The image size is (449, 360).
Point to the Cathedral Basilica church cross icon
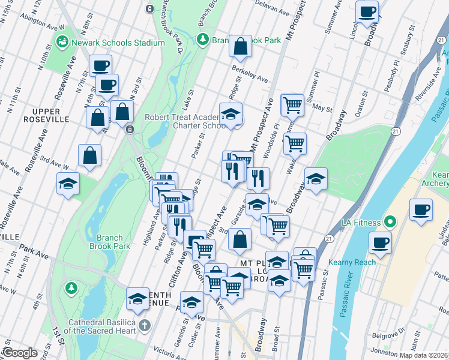[143, 326]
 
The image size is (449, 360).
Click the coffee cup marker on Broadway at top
[366, 11]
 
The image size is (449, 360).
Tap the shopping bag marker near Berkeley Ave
[240, 47]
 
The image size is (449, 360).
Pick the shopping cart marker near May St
[292, 105]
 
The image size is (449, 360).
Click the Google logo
[20, 353]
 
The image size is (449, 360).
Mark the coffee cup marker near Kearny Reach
[381, 243]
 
